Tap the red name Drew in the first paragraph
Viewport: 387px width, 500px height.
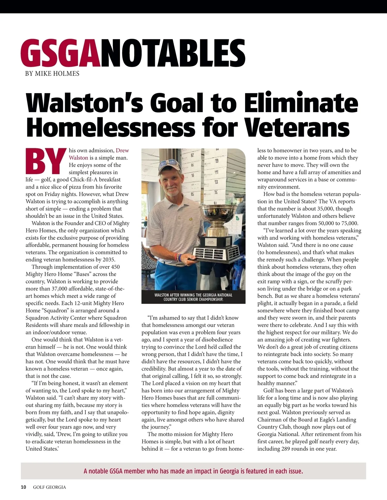point(122,151)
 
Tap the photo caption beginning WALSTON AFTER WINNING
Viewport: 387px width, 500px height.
point(193,297)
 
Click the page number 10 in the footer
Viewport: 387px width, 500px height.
point(23,487)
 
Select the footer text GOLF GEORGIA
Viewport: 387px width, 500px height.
point(49,487)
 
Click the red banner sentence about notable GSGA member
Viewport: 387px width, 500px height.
point(193,471)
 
